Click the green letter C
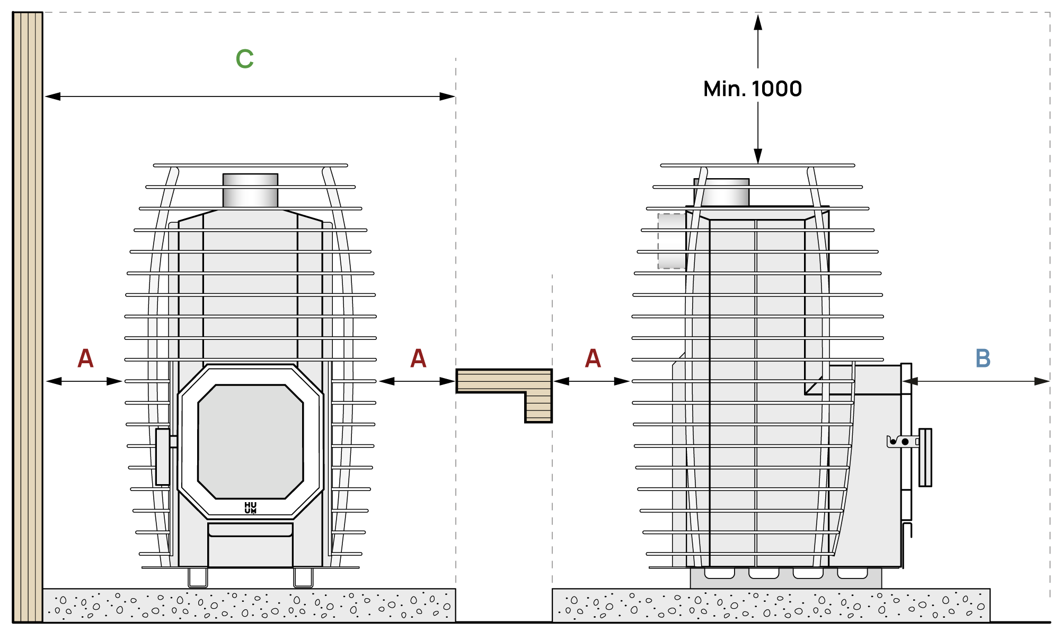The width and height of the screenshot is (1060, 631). point(245,59)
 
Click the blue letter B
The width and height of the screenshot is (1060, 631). point(983,358)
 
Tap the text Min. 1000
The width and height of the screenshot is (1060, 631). point(753,89)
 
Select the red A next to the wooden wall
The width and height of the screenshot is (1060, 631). point(85,358)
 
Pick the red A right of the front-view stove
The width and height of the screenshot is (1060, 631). point(418,358)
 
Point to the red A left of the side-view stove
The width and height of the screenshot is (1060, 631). point(593,358)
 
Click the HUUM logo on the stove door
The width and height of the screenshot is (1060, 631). point(251,508)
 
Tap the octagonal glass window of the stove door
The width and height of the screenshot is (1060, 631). point(251,442)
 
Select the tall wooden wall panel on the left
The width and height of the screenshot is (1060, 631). point(28,317)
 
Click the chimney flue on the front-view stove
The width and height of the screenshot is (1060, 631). point(250,190)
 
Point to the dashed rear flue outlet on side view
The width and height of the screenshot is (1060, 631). point(672,241)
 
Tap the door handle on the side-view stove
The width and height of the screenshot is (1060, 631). point(925,457)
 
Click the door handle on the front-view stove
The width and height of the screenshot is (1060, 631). point(163,457)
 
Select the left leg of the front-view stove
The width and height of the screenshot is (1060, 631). point(198,577)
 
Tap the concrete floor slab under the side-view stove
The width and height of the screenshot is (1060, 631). point(771,605)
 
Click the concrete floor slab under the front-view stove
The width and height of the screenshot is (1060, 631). point(249,605)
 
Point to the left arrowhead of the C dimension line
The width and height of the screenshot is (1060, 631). point(52,97)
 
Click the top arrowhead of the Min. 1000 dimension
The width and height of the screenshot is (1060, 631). point(758,22)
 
